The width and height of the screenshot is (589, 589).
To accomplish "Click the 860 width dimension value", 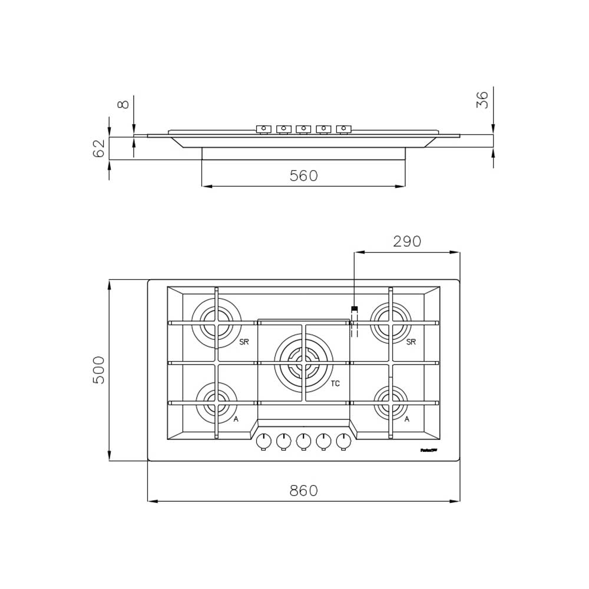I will (x=303, y=491).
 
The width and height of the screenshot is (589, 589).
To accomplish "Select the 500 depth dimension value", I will (x=99, y=370).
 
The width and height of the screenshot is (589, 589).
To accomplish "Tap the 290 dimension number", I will (x=407, y=241).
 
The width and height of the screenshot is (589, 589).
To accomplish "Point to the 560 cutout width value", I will (x=303, y=176).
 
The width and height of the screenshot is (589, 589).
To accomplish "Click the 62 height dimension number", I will (x=99, y=148).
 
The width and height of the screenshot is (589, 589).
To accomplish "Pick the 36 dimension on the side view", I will (x=482, y=100).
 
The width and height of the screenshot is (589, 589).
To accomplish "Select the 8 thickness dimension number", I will (x=123, y=104).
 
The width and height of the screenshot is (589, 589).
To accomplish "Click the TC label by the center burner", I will (x=335, y=383).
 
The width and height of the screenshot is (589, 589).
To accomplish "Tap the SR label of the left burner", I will (x=244, y=342).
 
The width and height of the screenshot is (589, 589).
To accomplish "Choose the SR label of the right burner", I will (x=411, y=342).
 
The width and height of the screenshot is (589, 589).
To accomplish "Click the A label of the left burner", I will (x=236, y=419).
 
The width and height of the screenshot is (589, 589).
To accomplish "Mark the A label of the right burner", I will (x=406, y=419).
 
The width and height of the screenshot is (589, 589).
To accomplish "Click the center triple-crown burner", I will (x=303, y=362).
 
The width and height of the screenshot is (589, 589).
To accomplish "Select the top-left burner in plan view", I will (x=216, y=323).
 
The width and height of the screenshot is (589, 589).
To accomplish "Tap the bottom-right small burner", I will (x=391, y=403).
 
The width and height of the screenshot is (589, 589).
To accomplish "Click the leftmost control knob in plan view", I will (x=264, y=441).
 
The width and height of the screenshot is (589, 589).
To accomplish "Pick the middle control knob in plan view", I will (x=303, y=441).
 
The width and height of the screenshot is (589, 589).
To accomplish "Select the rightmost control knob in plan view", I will (x=343, y=441).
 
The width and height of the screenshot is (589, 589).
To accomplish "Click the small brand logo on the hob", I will (x=428, y=450).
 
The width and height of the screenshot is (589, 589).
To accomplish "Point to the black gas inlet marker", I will (x=355, y=309).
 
